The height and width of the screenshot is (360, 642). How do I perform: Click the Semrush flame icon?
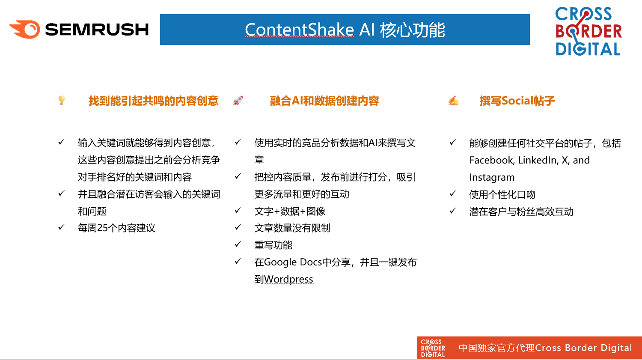click(25, 29)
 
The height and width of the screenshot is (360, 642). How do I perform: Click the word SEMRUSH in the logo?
click(97, 30)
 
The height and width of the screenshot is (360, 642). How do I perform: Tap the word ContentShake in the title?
click(300, 30)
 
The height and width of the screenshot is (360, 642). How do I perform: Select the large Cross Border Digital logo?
click(588, 31)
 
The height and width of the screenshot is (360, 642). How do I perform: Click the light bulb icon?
click(62, 100)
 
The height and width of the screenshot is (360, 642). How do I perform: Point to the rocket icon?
click(238, 101)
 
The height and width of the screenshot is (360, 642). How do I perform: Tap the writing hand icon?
click(453, 101)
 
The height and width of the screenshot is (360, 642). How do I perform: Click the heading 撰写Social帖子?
click(517, 101)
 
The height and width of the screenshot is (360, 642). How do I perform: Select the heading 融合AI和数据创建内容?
click(324, 101)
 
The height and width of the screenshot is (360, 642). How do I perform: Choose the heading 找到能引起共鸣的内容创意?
click(153, 101)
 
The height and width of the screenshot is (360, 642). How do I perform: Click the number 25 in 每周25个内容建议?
click(102, 228)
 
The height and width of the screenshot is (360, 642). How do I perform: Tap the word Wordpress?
click(288, 279)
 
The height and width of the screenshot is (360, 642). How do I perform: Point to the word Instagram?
click(492, 177)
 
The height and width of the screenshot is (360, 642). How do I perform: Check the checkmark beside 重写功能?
click(238, 244)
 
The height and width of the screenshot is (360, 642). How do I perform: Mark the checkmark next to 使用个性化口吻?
click(452, 194)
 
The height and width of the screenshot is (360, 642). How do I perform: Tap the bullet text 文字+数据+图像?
click(290, 211)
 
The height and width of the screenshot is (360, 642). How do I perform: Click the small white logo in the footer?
click(433, 348)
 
